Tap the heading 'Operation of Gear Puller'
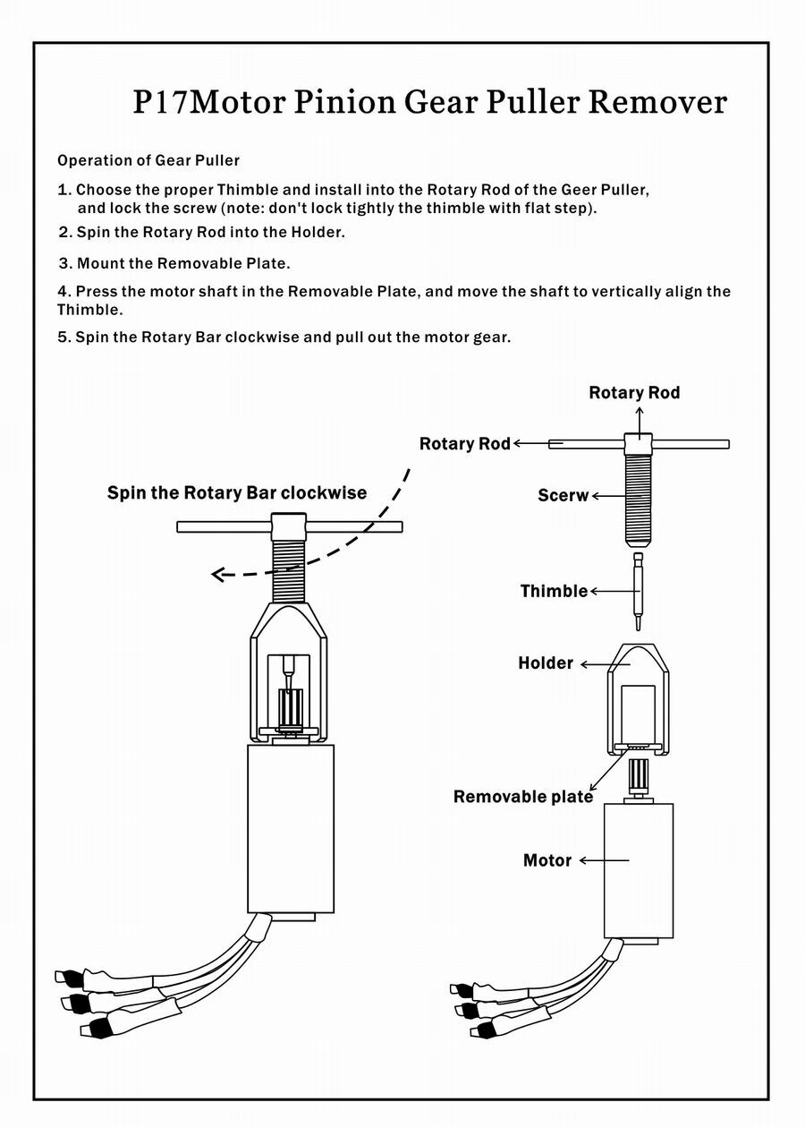pyautogui.click(x=148, y=161)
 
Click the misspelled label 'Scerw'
pyautogui.click(x=563, y=495)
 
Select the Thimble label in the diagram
pyautogui.click(x=554, y=591)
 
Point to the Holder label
pyautogui.click(x=546, y=663)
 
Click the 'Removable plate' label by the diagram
pyautogui.click(x=523, y=797)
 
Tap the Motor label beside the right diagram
pyautogui.click(x=547, y=860)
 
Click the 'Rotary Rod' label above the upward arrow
pyautogui.click(x=634, y=393)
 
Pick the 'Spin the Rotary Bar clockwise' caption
pyautogui.click(x=237, y=493)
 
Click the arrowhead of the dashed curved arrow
pyautogui.click(x=217, y=575)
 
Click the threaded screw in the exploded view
pyautogui.click(x=639, y=501)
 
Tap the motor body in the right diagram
pyautogui.click(x=639, y=868)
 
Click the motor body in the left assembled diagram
pyautogui.click(x=290, y=828)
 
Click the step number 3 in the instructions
pyautogui.click(x=65, y=264)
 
